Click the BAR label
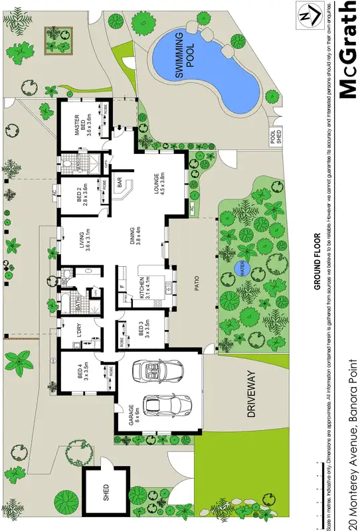click(120, 184)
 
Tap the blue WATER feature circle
click(239, 269)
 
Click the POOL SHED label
click(276, 137)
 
